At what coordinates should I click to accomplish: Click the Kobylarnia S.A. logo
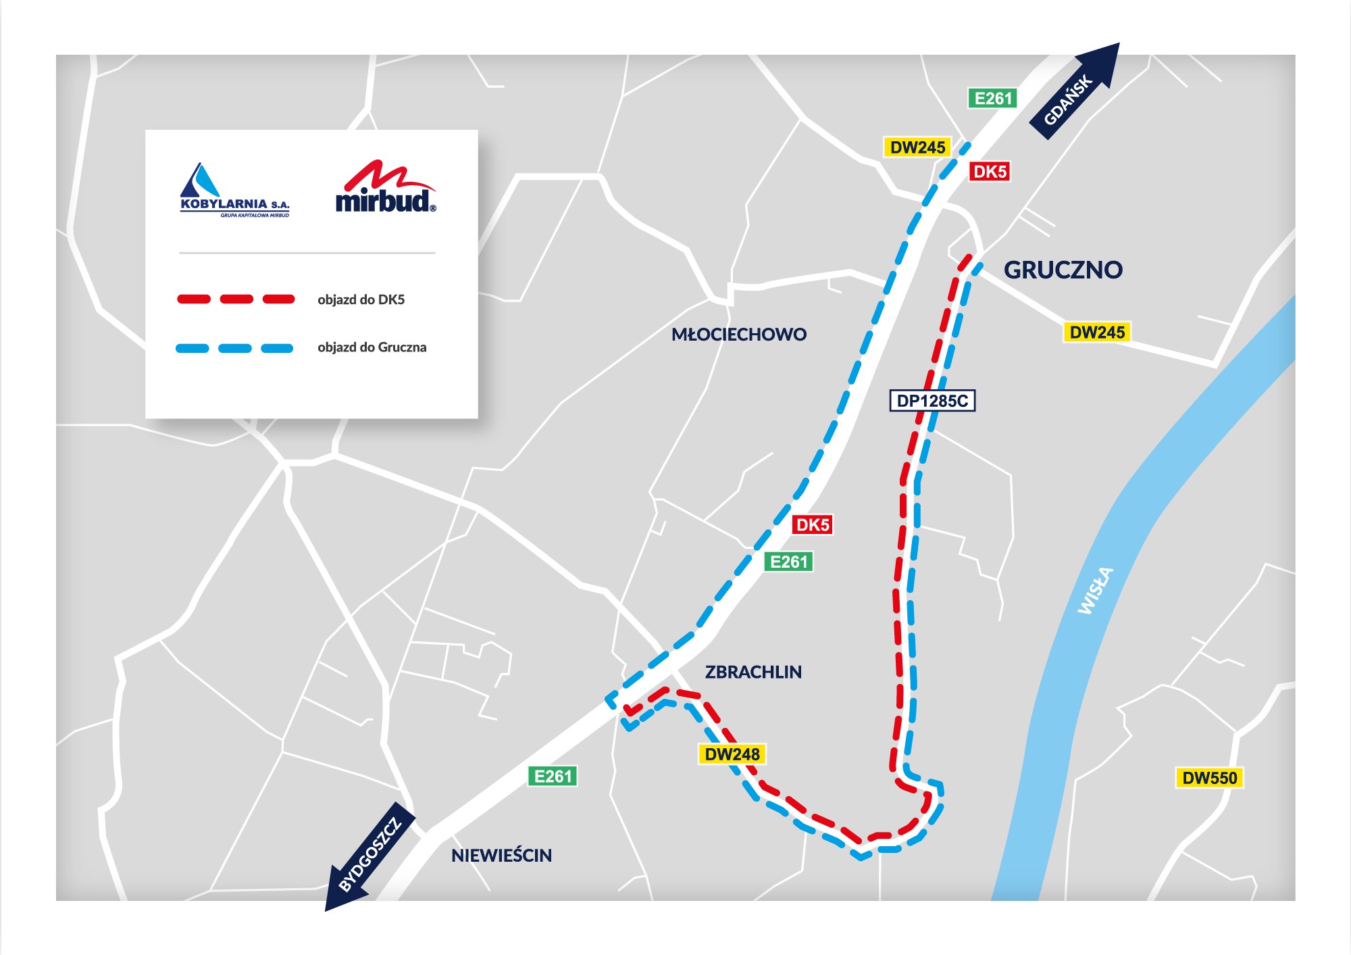pos(234,191)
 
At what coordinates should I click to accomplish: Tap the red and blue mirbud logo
pos(386,188)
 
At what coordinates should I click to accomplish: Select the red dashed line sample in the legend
pos(236,299)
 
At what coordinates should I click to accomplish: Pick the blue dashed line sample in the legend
pos(234,348)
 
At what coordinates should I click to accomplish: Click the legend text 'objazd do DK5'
pos(361,299)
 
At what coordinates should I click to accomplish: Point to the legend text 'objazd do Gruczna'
pos(372,347)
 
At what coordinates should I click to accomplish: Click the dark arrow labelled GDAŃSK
pos(1074,91)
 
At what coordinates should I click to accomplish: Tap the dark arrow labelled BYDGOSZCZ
pos(369,856)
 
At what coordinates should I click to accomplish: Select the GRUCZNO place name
pos(1063,270)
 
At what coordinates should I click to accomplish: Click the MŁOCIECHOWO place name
pos(738,335)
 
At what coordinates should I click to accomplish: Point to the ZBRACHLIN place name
pos(753,672)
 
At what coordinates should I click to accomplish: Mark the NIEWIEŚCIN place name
pos(501,856)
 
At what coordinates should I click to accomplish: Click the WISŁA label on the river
pos(1095,591)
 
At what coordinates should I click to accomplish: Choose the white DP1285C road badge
pos(932,401)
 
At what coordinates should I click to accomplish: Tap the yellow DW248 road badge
pos(732,754)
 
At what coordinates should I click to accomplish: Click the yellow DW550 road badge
pos(1209,778)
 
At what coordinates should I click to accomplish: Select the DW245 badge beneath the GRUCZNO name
pos(1097,333)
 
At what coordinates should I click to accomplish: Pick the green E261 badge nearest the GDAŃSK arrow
pos(993,99)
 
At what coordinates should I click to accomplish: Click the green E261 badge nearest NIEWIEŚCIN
pos(553,777)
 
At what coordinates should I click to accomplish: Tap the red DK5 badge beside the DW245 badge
pos(990,172)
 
